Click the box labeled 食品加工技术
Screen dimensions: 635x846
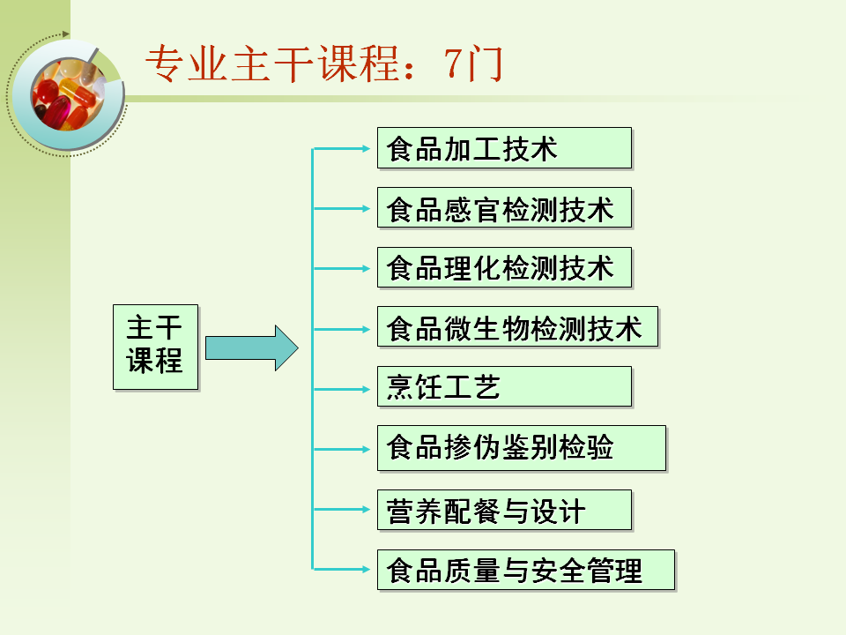pos(504,148)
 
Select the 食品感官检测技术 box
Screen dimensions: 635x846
pos(504,208)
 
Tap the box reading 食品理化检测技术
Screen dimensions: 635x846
pos(504,267)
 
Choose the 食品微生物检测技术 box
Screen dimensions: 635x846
pos(517,327)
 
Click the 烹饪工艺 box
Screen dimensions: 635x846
pos(504,386)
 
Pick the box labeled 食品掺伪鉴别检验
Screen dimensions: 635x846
pos(521,448)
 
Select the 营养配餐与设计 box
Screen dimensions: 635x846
pos(504,510)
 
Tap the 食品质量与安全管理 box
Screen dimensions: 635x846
pos(525,570)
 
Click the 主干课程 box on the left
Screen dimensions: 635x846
pos(155,347)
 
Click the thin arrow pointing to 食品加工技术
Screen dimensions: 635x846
pos(344,149)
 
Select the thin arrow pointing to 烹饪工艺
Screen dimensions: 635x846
pos(344,389)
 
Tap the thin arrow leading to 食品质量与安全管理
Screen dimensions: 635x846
pos(344,569)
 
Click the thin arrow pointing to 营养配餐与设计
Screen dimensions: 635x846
pos(344,509)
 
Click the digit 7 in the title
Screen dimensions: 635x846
pos(455,63)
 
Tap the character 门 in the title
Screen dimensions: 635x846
pos(486,63)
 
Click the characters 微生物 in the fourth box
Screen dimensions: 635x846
pos(499,328)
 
